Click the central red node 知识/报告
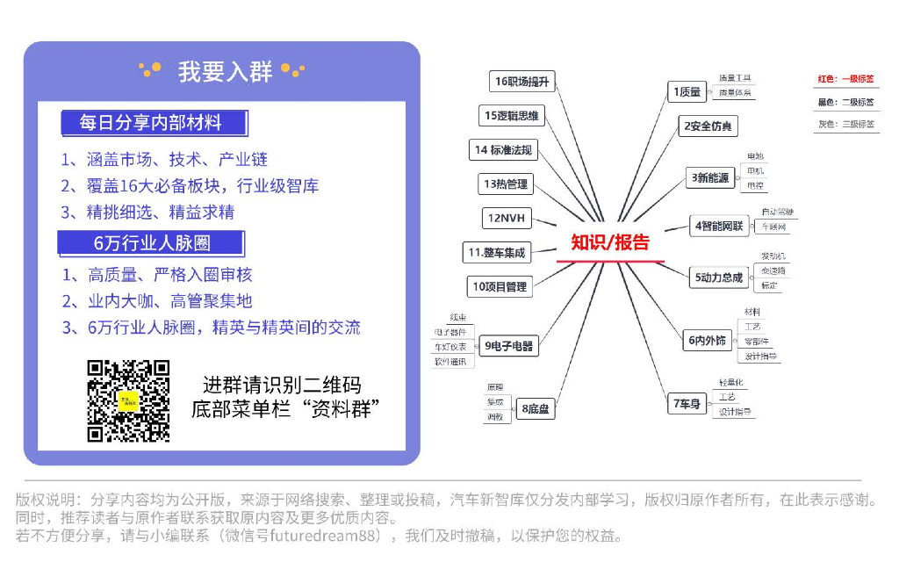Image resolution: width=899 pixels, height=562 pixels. pos(610,242)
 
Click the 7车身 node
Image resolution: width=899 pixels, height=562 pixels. pos(687,404)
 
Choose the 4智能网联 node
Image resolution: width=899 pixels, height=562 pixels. pos(718,227)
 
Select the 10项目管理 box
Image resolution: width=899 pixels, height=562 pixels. pos(500,286)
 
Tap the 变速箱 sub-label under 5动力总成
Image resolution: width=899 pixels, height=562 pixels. pos(773,270)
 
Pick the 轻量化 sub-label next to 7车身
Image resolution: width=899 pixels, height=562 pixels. pos(731,383)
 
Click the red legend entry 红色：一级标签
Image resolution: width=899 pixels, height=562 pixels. pos(846,79)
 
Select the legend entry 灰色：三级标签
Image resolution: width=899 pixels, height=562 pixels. pos(846,125)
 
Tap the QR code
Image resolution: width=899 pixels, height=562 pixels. pos(128,400)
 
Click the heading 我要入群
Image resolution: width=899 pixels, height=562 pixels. pos(225,71)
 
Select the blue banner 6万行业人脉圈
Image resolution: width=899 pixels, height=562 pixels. pos(151,242)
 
